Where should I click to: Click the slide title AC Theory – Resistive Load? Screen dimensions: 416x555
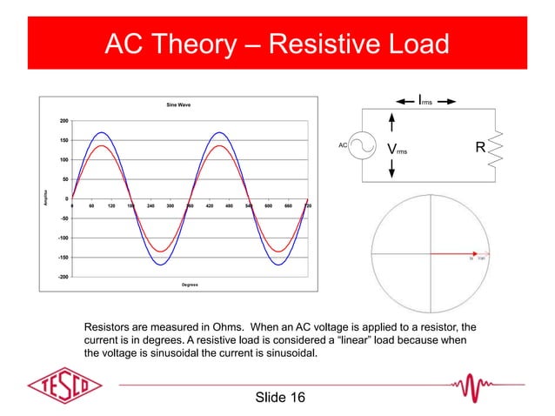277,43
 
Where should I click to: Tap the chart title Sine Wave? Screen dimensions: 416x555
178,104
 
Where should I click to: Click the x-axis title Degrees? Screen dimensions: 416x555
190,285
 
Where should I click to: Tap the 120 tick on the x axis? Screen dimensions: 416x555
111,207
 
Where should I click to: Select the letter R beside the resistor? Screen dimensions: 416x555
479,148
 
